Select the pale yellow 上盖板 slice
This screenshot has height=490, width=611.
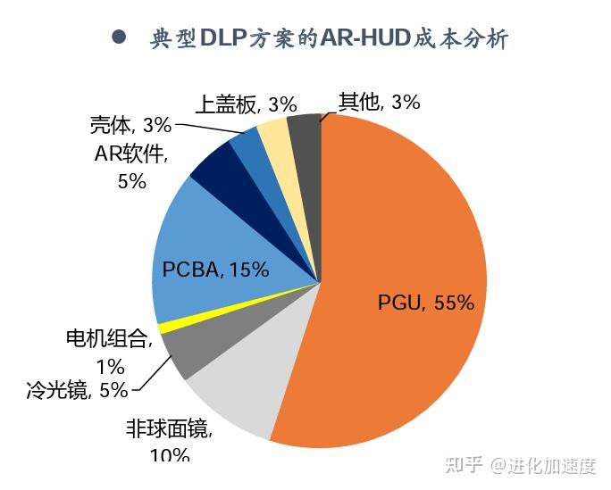click(272, 133)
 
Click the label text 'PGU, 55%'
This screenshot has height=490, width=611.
click(425, 302)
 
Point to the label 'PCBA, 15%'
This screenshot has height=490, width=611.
click(215, 270)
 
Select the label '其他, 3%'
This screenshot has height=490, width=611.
click(379, 102)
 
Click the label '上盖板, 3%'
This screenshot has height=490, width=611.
click(245, 104)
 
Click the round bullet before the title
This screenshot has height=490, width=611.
click(117, 37)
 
